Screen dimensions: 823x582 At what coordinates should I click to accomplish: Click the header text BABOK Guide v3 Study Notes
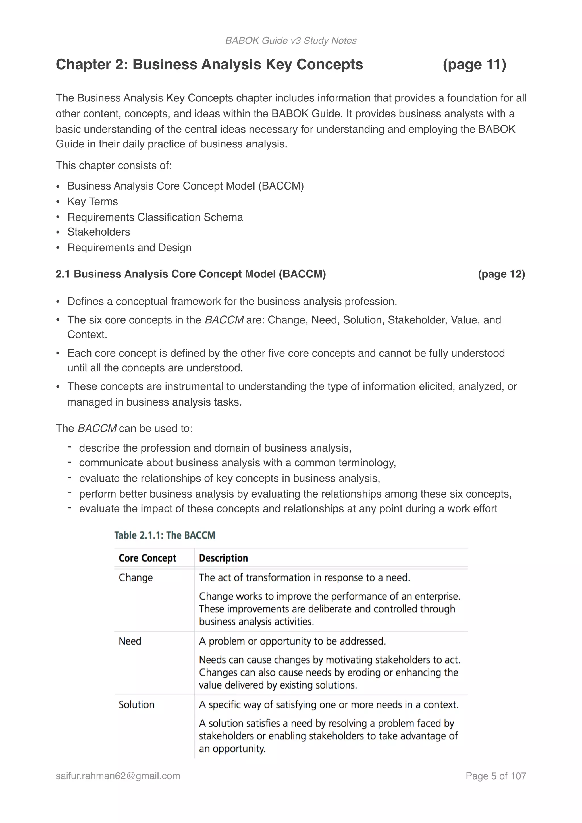(x=291, y=41)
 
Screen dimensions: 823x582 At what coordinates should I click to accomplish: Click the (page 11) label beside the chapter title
(x=474, y=65)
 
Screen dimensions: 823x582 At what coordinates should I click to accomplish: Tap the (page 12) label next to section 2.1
(x=501, y=274)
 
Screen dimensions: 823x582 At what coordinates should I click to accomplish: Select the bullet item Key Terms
(x=92, y=201)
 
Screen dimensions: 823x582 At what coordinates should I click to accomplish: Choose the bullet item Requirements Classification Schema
(x=155, y=217)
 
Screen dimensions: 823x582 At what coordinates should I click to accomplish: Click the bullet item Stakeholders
(x=99, y=232)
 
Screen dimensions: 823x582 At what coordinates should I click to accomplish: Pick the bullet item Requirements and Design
(x=129, y=248)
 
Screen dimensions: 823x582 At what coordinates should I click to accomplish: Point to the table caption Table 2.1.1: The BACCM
(x=165, y=535)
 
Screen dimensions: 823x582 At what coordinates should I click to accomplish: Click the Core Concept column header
(x=147, y=558)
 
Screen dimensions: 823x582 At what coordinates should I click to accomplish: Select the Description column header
(x=223, y=558)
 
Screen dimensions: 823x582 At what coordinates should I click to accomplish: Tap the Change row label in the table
(x=136, y=577)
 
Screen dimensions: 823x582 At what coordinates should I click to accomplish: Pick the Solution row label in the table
(x=136, y=704)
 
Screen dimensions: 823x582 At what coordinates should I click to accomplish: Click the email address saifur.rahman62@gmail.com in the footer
(x=118, y=776)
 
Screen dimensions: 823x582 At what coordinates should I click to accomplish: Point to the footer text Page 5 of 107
(x=496, y=776)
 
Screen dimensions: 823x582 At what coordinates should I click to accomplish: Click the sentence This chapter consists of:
(x=114, y=166)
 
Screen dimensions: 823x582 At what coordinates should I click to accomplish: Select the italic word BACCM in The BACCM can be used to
(x=97, y=428)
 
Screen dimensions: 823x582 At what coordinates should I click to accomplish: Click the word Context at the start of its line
(x=87, y=334)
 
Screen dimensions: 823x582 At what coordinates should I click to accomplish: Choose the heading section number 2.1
(x=63, y=274)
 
